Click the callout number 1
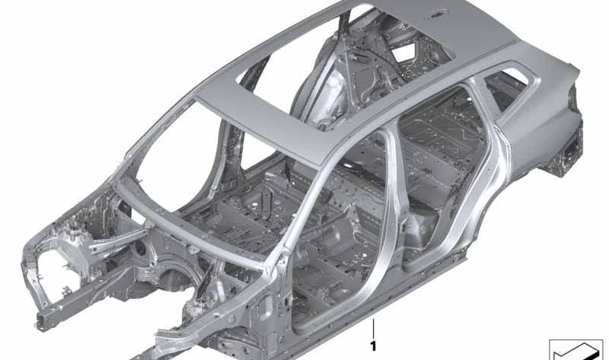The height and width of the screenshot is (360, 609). (x=373, y=346)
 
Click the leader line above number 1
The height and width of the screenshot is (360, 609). (x=373, y=329)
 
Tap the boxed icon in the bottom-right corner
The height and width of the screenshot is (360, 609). (x=576, y=349)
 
